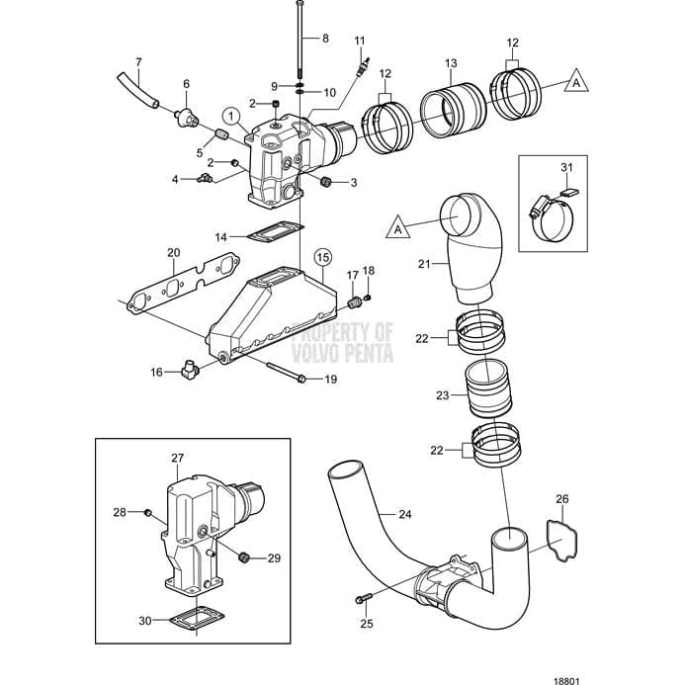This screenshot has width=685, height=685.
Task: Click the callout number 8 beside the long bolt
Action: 324,39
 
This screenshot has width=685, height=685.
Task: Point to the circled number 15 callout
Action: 322,257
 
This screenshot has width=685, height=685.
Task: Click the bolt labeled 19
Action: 287,377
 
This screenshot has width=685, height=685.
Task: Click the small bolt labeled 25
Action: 362,598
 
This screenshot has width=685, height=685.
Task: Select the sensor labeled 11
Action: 362,72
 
